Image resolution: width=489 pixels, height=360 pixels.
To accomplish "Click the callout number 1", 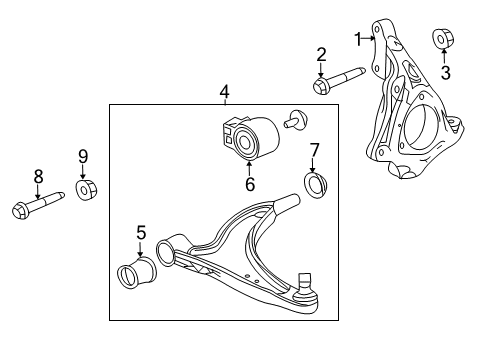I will [x=357, y=38].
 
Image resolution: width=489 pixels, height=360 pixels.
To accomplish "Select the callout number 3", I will [x=446, y=72].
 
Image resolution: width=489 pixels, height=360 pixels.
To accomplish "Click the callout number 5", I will [x=141, y=233].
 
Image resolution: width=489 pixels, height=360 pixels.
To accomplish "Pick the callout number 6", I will [x=251, y=183].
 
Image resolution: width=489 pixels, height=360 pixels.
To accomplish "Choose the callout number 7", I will [x=314, y=150].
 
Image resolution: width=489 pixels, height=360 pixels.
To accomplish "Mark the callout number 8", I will [x=38, y=176].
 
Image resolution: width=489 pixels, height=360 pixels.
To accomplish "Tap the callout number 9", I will [x=84, y=155].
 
